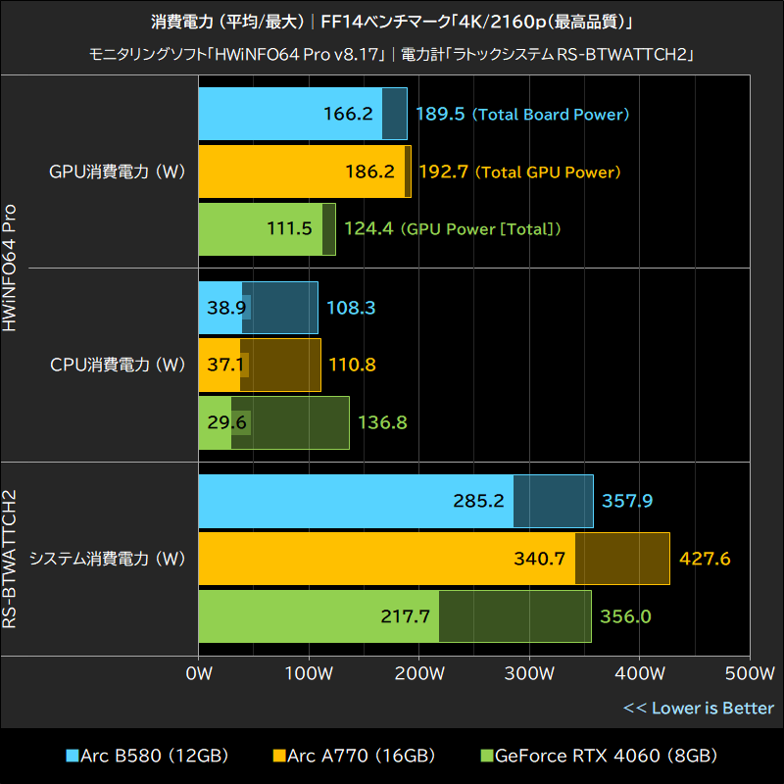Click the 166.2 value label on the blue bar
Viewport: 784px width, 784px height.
pyautogui.click(x=348, y=114)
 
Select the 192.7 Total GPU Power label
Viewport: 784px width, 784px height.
pyautogui.click(x=519, y=171)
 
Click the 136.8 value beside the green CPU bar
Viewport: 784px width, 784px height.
pyautogui.click(x=382, y=422)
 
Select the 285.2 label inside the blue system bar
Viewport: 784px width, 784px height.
pyautogui.click(x=478, y=501)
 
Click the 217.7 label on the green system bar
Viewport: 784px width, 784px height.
pyautogui.click(x=405, y=616)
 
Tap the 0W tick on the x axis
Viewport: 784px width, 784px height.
pyautogui.click(x=199, y=674)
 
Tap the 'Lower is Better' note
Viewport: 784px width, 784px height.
pyautogui.click(x=699, y=708)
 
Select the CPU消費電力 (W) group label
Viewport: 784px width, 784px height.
pyautogui.click(x=118, y=365)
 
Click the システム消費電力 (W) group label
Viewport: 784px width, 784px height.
pyautogui.click(x=108, y=559)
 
